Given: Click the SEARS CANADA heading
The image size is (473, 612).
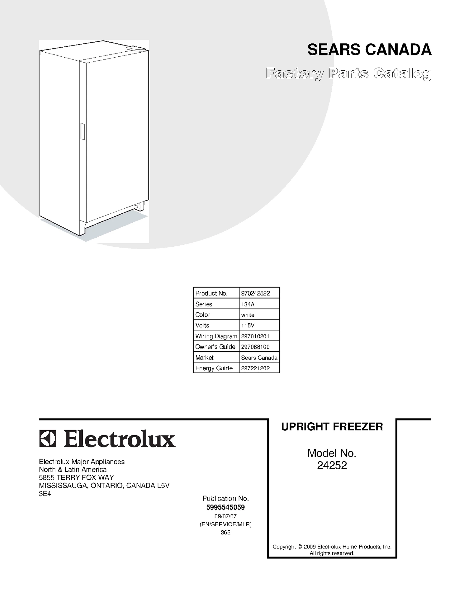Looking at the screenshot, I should [x=369, y=50].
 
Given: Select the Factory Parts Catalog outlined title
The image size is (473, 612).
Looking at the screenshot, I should [x=349, y=74].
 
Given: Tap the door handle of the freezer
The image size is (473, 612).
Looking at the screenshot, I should [x=82, y=131].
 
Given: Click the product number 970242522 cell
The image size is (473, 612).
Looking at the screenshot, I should [x=255, y=293].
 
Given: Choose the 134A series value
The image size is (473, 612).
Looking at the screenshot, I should [x=248, y=304].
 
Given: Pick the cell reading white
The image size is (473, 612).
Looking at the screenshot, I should [x=248, y=315].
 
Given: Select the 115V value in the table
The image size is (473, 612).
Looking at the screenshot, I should [x=248, y=325].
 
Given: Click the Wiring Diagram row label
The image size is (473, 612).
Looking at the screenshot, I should [x=216, y=336].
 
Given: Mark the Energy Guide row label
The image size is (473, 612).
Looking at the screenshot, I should [x=214, y=368].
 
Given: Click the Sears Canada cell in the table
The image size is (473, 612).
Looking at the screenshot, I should [x=259, y=358].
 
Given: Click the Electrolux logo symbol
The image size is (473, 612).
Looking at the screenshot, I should [x=48, y=439].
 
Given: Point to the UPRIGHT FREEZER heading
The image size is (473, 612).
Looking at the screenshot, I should [x=332, y=427].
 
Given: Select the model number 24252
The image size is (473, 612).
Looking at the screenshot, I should [x=332, y=465].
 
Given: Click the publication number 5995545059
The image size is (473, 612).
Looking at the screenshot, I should [x=226, y=507].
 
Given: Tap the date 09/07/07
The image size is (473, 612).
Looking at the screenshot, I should [x=226, y=516].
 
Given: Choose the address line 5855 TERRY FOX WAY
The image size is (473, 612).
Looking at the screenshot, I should [x=76, y=478].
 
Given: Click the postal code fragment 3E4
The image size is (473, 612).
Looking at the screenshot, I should [x=45, y=494].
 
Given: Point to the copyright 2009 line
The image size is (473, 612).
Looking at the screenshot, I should [x=332, y=547].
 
